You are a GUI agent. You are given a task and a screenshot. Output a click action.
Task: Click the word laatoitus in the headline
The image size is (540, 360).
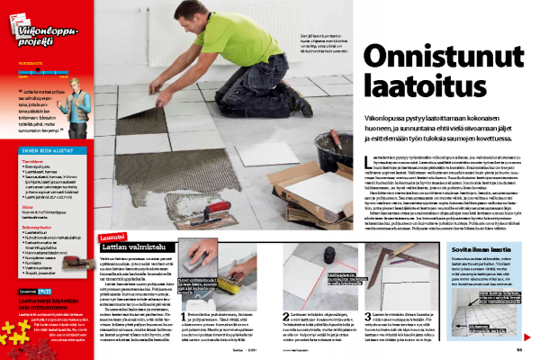click(412, 87)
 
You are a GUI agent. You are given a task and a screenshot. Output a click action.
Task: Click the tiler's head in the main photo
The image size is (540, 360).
click(204, 13)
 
